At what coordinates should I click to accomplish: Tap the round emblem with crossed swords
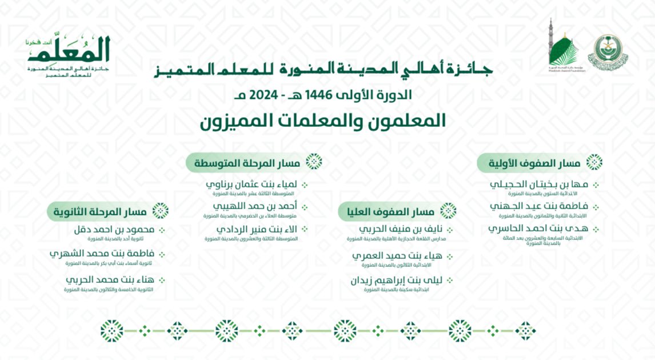click(x=608, y=52)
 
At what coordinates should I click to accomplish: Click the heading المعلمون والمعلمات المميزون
click(x=323, y=120)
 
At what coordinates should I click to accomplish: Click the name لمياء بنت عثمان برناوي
click(x=251, y=185)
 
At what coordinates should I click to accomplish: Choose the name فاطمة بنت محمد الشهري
click(x=102, y=254)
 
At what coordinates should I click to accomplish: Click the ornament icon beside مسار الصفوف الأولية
click(x=594, y=162)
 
